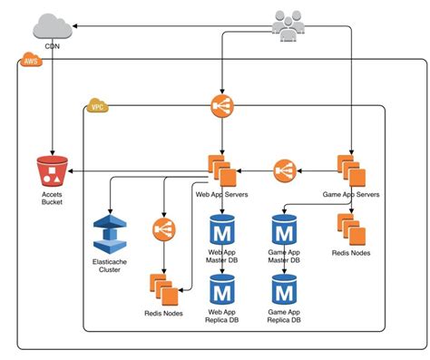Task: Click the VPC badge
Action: point(97,107)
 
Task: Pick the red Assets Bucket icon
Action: point(53,172)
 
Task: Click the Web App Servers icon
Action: point(222,170)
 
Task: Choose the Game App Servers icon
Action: point(350,170)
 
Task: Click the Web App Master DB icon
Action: point(222,228)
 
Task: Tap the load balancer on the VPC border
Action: point(222,106)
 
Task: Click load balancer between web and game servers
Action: point(286,170)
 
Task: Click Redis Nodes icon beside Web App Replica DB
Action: point(164,289)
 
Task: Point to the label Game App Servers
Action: point(350,195)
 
